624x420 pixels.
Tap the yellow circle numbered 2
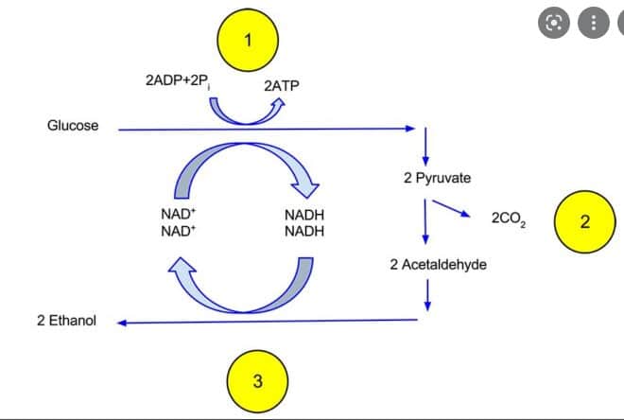pos(584,223)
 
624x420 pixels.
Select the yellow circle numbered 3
pos(257,381)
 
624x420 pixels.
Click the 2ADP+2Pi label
pos(181,81)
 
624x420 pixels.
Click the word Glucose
pos(73,126)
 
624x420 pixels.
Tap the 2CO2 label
pos(510,220)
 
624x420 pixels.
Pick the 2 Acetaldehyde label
pos(438,265)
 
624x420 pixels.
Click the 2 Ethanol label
pos(66,322)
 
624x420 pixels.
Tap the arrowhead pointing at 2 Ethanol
pos(124,323)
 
